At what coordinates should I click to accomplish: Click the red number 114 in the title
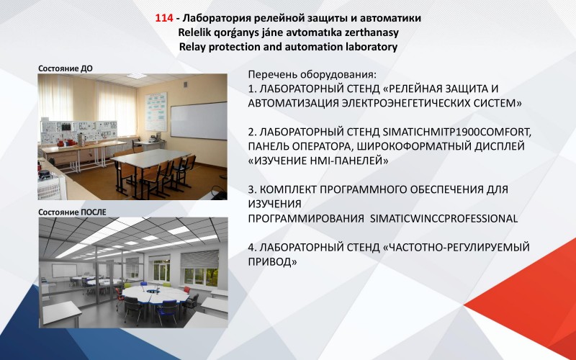tap(164, 18)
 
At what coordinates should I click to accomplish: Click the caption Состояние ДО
tap(66, 68)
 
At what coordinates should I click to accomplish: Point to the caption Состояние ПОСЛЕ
tap(73, 212)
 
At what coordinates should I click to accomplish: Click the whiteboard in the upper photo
tap(199, 120)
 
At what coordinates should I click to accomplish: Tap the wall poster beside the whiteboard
tap(156, 112)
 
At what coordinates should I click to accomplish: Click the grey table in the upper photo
tap(150, 158)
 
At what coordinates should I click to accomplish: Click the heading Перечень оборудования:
tap(312, 75)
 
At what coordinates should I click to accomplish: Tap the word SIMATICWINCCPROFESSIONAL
tap(444, 219)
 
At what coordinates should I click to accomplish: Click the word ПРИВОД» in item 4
tap(273, 262)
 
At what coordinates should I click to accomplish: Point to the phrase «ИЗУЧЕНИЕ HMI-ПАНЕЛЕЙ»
tap(318, 161)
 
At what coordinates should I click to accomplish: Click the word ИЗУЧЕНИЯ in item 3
tap(275, 204)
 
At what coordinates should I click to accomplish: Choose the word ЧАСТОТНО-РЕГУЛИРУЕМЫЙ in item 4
tap(456, 247)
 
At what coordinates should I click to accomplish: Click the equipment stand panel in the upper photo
tap(78, 132)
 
